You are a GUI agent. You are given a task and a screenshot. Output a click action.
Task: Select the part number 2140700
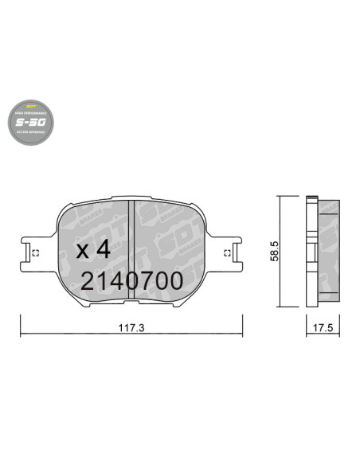131,279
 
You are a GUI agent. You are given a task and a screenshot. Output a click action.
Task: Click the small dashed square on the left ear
35,253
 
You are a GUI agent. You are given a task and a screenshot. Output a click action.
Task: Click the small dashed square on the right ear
228,253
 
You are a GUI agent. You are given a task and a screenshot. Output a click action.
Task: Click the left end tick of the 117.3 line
20,326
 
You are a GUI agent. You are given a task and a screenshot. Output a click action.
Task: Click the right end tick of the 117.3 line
243,326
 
